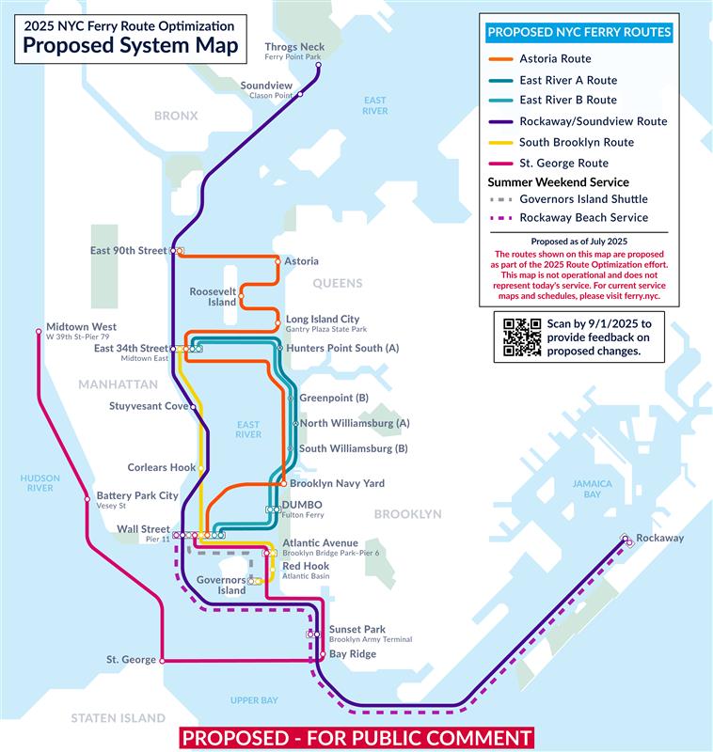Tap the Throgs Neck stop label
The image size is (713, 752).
[293, 47]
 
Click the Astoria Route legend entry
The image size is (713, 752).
[555, 59]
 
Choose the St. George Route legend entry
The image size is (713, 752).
[563, 163]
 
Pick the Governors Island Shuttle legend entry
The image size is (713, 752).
[583, 199]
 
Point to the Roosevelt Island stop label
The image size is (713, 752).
[213, 297]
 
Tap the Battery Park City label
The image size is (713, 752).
[136, 495]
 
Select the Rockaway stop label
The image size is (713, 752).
[659, 538]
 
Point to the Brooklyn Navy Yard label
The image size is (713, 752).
[337, 483]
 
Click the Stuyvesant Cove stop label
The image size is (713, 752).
[149, 406]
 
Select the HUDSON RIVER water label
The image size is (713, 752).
[40, 483]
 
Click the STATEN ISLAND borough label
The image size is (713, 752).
[118, 718]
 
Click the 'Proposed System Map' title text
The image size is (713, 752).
[131, 46]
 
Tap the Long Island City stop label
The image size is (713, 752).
[322, 320]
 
